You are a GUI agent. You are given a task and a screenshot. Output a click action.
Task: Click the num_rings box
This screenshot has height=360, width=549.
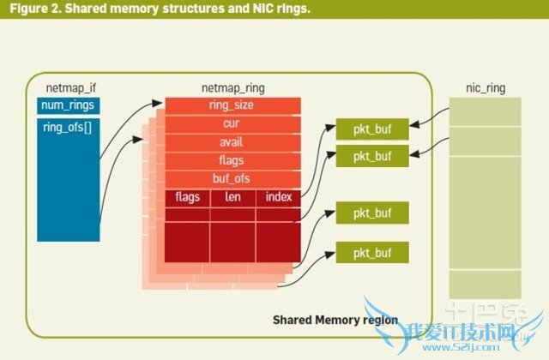point(69,106)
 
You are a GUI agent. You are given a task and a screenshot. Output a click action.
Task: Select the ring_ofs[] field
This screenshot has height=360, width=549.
point(69,128)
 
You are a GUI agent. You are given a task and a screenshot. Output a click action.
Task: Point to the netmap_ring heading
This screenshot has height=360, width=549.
point(232,87)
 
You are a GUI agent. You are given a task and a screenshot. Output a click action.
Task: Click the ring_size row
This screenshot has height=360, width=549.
point(232,105)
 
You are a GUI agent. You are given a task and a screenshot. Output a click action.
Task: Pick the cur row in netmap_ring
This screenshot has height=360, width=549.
point(232,124)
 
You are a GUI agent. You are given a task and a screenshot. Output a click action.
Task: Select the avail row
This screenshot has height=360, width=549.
point(232,142)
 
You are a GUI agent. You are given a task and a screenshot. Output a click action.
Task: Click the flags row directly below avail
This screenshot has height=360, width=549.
point(232,160)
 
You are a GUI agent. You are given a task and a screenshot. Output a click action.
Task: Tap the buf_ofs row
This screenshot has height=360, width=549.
point(232,178)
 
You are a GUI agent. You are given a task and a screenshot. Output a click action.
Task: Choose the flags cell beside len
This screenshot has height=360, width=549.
point(188,197)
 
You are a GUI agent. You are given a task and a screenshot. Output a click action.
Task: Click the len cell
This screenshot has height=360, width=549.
point(232,197)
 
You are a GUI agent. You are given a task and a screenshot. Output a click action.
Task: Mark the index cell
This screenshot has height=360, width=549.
point(278,197)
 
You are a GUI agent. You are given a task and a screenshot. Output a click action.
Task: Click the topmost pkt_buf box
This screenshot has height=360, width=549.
point(372,129)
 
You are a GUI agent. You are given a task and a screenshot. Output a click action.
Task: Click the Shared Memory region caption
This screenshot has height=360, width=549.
point(335,320)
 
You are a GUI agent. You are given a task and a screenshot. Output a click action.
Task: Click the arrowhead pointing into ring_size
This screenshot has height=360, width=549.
point(161,105)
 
